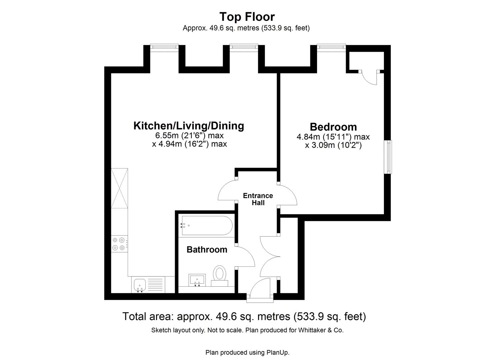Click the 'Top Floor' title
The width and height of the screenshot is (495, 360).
(x=247, y=17)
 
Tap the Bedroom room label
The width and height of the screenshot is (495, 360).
(x=333, y=127)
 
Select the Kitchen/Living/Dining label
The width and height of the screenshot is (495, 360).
(x=189, y=126)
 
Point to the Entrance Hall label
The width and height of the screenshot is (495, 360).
(x=258, y=199)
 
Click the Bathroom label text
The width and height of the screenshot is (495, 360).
(x=207, y=249)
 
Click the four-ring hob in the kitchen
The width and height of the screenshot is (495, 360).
(x=119, y=244)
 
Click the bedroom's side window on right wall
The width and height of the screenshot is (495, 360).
(x=389, y=157)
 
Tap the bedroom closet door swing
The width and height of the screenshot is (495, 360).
(x=369, y=79)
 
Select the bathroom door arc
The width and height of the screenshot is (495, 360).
(x=246, y=256)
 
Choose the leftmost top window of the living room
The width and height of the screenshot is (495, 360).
(x=164, y=47)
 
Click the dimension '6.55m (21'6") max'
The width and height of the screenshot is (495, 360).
(x=189, y=136)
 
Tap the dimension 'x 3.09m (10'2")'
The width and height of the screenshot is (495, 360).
(x=333, y=145)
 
